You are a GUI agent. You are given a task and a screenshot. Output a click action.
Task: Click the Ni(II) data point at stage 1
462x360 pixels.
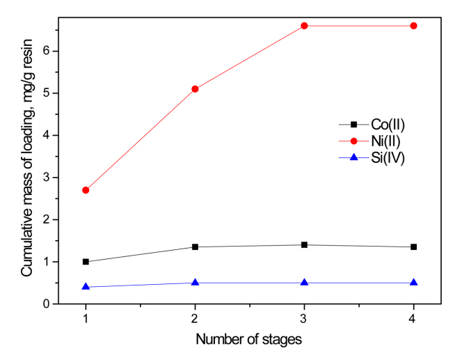pos(86,190)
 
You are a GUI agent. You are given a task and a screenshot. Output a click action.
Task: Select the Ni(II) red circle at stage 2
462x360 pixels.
pos(195,88)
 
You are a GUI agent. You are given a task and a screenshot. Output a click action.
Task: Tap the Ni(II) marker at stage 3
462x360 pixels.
pos(304,26)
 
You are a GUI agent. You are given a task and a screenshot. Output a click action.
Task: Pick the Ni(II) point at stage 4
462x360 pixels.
pos(414,26)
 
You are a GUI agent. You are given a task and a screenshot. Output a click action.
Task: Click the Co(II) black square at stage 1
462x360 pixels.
pos(86,262)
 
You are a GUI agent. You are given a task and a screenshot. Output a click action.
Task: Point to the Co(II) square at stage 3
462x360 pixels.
pos(304,245)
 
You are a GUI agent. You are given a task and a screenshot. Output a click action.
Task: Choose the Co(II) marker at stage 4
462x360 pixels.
pos(414,247)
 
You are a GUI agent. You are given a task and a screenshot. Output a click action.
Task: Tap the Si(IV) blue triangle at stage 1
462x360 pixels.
pos(86,286)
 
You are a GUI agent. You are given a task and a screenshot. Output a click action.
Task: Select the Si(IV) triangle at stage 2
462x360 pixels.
pos(195,283)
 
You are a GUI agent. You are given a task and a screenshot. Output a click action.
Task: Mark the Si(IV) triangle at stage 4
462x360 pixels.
pos(414,283)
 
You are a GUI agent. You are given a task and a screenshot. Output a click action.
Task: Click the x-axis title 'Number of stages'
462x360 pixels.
pos(249,341)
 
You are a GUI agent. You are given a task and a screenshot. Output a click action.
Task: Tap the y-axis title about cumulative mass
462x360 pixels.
pos(26,164)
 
